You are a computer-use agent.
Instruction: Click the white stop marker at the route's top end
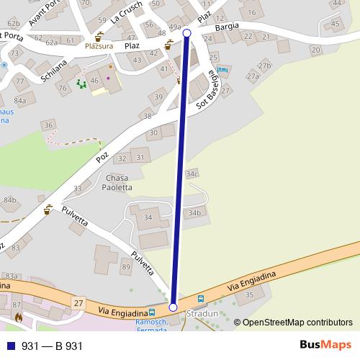pos(187,33)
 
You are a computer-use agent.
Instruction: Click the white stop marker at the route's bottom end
pos(173,307)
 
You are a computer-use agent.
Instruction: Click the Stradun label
pos(201,315)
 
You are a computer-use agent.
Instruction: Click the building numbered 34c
pos(191,174)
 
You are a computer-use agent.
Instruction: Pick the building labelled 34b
pos(194,213)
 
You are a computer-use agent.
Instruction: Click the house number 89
pos(127,267)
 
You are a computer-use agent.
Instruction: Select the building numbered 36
pos(48,125)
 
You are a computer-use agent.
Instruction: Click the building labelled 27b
pos(265,66)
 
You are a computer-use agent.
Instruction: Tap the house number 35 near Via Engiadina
pos(250,294)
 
